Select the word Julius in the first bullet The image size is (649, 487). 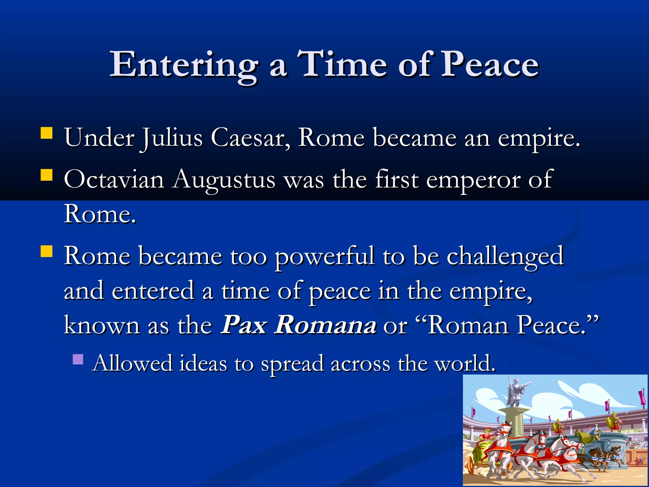point(172,138)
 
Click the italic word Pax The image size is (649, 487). point(244,325)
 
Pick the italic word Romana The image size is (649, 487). point(325,325)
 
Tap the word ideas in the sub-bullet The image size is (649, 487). point(203,363)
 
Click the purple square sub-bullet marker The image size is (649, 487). point(78,359)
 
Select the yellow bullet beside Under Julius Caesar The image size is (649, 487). point(47,133)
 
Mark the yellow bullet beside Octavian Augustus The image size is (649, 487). point(47,175)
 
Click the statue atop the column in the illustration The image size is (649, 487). point(515,392)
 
